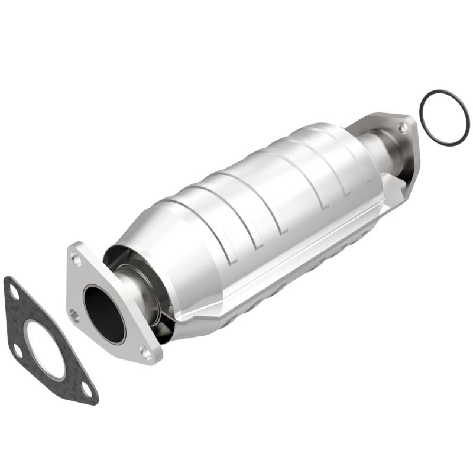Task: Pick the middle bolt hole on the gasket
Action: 18,352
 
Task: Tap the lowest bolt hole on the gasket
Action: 87,389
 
